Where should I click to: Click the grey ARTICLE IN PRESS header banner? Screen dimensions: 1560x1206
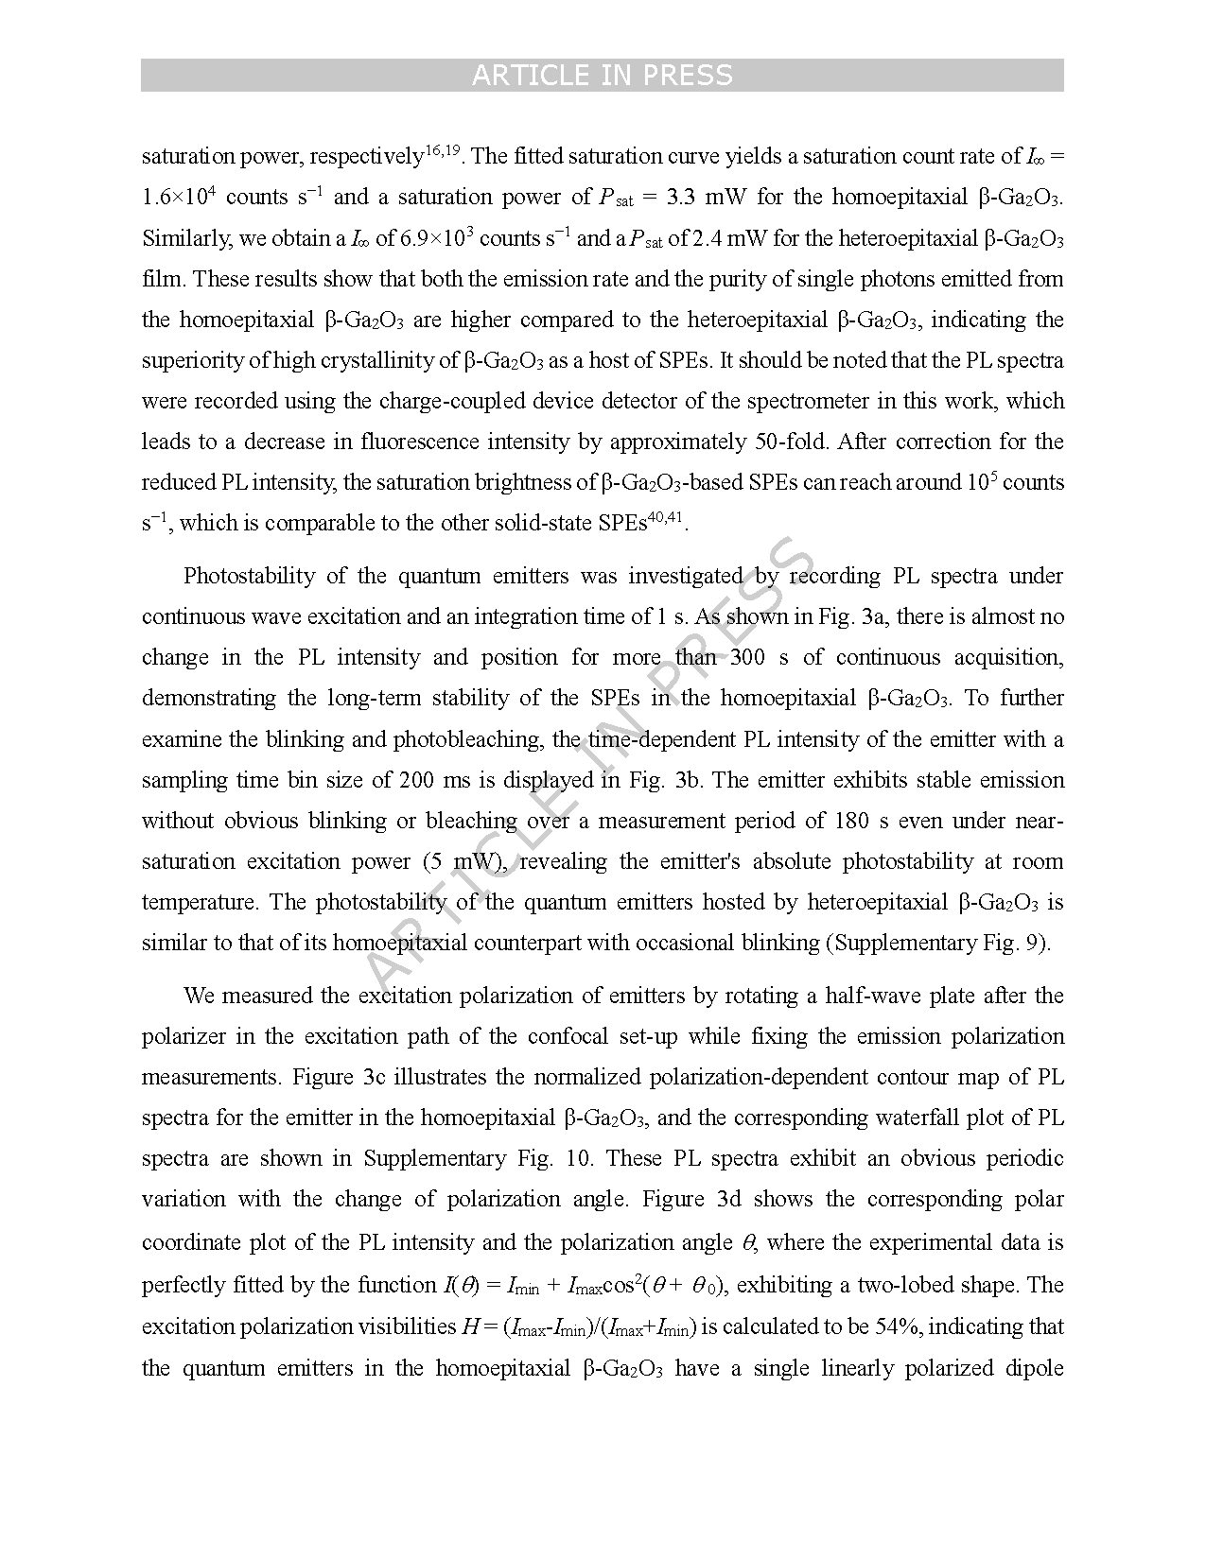pos(602,76)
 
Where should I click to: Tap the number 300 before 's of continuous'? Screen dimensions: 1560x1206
pos(749,657)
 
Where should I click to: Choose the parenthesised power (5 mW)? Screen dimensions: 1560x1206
pos(463,860)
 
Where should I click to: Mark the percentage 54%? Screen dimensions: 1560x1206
pos(899,1326)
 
